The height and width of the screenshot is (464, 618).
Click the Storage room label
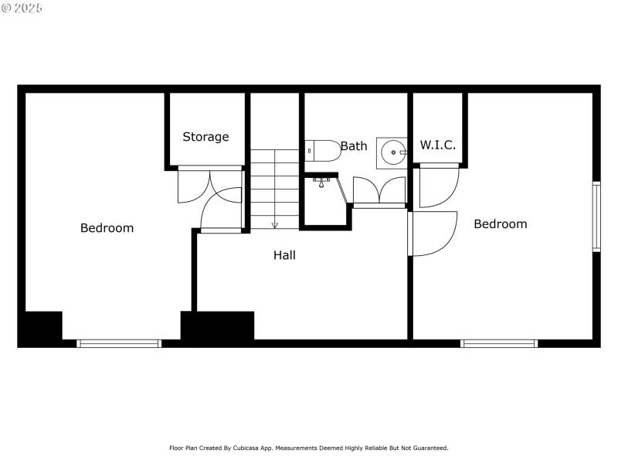point(205,137)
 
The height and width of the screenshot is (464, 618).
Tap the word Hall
point(284,254)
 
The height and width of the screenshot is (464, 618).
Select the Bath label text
point(354,145)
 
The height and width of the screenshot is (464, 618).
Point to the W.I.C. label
point(437,145)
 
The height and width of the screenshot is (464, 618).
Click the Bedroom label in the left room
point(107,228)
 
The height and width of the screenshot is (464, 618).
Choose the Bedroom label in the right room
point(500,224)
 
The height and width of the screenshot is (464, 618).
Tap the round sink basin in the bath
point(393,152)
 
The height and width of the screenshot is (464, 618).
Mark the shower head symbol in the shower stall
point(322,182)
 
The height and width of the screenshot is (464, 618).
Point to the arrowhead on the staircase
point(274,225)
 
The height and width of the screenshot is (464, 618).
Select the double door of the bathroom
point(379,191)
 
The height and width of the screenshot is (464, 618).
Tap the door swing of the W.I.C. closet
point(438,187)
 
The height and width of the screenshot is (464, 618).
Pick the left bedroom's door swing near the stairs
point(219,210)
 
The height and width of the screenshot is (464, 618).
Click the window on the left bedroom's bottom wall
point(119,343)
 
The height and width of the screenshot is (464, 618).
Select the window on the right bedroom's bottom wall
point(498,343)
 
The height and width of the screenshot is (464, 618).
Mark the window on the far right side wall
point(596,217)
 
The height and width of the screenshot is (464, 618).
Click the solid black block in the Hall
point(217,325)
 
